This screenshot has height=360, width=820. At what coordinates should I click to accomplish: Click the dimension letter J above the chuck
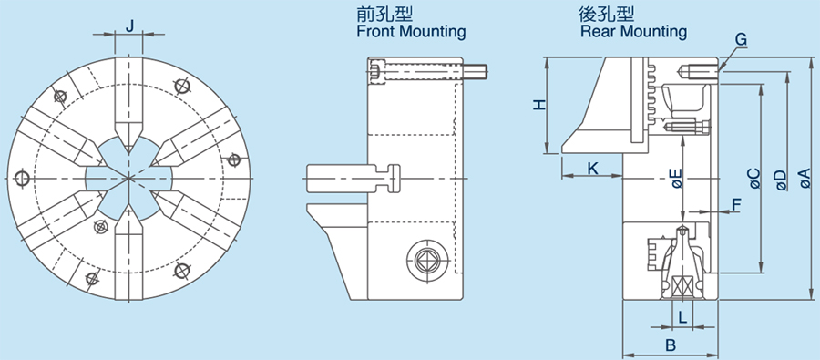(x=130, y=26)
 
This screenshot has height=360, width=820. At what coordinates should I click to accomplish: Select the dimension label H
(x=539, y=105)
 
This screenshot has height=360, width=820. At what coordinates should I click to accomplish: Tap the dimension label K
(x=592, y=168)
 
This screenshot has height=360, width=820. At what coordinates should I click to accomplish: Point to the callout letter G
(x=741, y=39)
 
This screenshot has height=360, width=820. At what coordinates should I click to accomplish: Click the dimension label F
(x=736, y=204)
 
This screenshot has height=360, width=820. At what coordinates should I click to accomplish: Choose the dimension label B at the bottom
(x=670, y=345)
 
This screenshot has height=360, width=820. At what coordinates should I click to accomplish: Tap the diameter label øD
(x=779, y=179)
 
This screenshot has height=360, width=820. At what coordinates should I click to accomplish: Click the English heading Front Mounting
(x=411, y=32)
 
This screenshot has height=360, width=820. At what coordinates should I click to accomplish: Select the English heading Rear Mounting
(x=633, y=32)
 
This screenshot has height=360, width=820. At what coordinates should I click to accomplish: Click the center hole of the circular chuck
(x=129, y=174)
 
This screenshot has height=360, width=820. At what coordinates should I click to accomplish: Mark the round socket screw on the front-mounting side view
(x=425, y=260)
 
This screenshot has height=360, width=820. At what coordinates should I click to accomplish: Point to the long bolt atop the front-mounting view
(x=428, y=70)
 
